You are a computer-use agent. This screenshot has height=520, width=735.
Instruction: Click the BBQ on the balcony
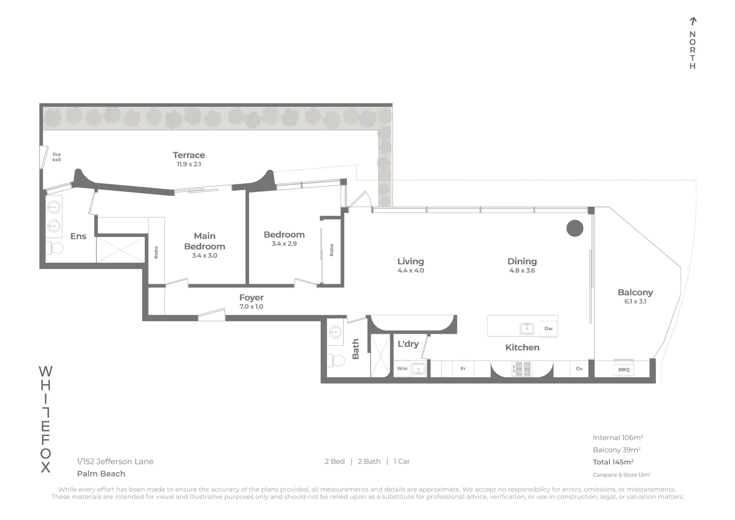point(624,368)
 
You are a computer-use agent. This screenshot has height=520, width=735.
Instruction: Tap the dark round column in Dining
point(574,228)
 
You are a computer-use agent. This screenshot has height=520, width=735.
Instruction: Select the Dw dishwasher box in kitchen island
point(548,328)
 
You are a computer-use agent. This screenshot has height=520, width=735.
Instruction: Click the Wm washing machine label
point(402,369)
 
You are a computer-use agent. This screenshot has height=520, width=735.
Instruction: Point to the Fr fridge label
point(463,369)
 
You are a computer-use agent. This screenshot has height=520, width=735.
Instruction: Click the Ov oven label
point(579,369)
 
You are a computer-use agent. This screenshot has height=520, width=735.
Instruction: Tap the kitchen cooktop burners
point(521,369)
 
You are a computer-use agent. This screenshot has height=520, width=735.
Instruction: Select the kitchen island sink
point(527,328)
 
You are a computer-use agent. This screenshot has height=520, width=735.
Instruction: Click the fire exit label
point(57,157)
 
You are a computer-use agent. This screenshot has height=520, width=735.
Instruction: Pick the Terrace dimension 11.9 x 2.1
point(189,164)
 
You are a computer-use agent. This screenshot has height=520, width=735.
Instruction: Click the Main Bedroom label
point(204,241)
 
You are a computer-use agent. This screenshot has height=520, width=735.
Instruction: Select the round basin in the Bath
point(335,332)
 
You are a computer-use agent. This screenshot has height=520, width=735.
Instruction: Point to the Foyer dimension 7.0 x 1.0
point(251,307)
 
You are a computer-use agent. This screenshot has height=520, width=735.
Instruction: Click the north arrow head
point(693,21)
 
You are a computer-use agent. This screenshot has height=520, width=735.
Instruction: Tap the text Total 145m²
point(613,462)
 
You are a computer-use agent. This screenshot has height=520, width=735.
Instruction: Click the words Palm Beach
point(101,474)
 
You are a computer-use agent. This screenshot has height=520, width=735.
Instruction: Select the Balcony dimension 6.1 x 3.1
point(635,301)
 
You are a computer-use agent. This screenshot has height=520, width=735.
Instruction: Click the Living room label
point(410,261)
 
